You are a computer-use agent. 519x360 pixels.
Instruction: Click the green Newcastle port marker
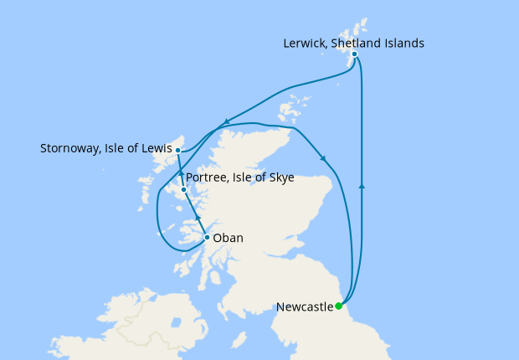coord(339,306)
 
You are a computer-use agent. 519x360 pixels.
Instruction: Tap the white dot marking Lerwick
coord(355,54)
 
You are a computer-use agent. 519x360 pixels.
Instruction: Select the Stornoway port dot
coord(177,151)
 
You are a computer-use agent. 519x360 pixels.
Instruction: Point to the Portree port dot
coord(183,190)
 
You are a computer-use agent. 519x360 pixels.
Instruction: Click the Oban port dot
coord(207,238)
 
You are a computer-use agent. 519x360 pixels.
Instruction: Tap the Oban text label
coord(229,238)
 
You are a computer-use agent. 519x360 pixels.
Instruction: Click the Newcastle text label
coord(305,306)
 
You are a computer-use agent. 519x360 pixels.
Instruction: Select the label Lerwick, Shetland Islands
coord(354,42)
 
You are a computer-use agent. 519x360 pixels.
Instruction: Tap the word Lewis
coord(154,149)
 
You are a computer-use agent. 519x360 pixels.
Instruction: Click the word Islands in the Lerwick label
coord(405,42)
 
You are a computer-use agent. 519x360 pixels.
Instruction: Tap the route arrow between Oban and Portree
coord(198,219)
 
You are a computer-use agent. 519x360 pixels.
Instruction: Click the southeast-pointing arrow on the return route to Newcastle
coord(323,158)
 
